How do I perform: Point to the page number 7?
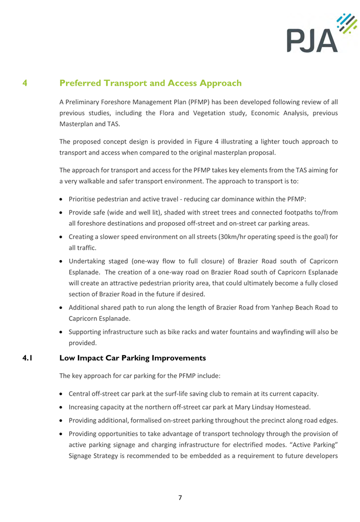click(180, 498)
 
